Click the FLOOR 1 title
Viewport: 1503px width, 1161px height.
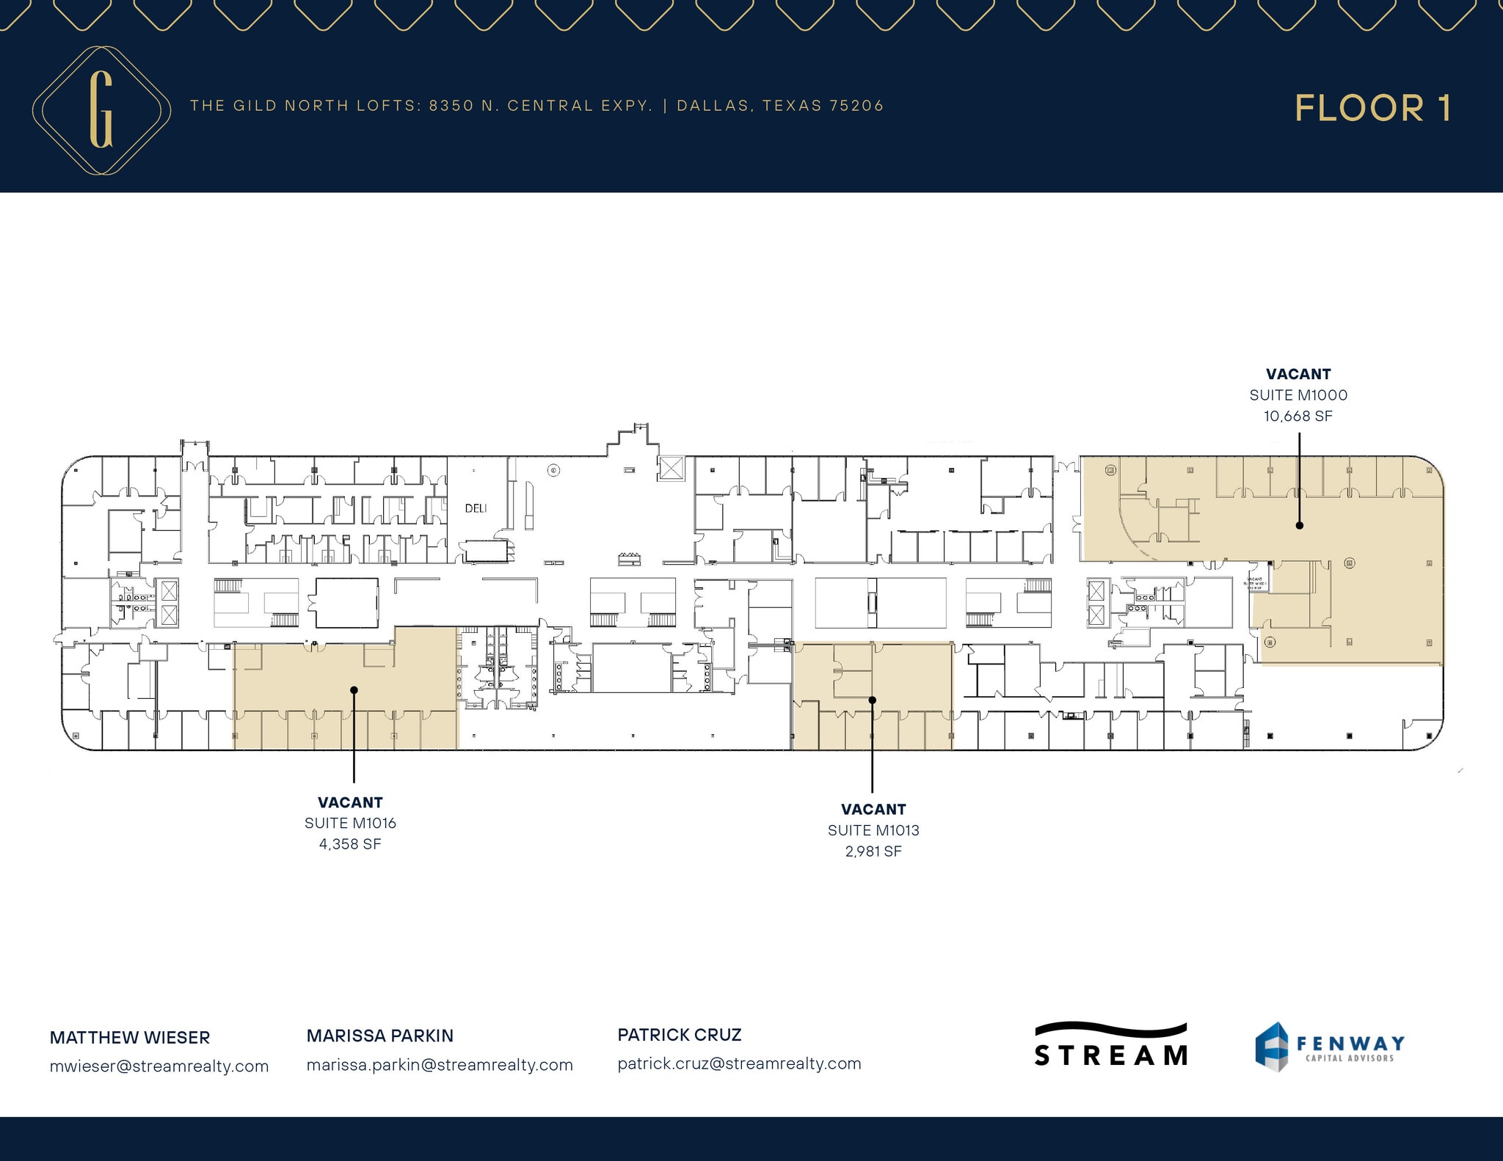coord(1372,109)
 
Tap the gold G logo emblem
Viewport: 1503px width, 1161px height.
coord(101,110)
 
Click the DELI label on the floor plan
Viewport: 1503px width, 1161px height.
coord(476,508)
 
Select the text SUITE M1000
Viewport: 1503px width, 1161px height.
coord(1298,395)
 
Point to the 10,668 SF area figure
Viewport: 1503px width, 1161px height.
coord(1298,417)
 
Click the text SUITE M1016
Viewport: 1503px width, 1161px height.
coord(350,824)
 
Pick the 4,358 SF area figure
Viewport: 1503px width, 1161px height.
coord(350,844)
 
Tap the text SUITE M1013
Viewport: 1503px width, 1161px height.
coord(873,831)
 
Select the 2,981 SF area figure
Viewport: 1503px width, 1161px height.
coord(873,851)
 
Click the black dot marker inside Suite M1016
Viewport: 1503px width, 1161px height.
coord(354,689)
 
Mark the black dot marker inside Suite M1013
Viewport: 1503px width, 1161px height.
coord(873,700)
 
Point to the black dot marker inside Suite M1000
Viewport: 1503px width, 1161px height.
coord(1299,525)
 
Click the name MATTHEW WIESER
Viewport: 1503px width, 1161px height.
coord(130,1038)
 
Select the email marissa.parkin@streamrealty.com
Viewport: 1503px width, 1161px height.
coord(440,1065)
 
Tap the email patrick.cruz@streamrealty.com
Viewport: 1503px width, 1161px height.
coord(739,1063)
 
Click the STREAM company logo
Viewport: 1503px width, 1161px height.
coord(1110,1045)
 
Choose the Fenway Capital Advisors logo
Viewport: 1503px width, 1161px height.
coord(1330,1047)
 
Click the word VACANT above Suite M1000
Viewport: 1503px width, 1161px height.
coord(1298,374)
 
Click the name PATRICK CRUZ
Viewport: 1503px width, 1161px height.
coord(680,1035)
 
